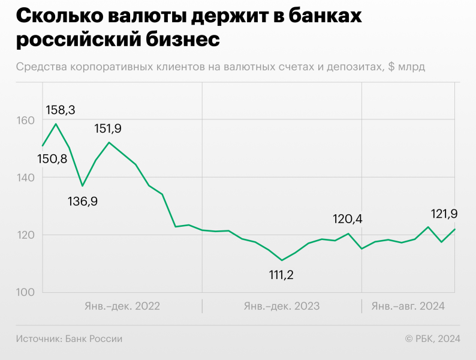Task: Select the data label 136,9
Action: pos(83,201)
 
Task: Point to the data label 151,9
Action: pos(108,128)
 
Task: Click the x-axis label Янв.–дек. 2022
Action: pos(121,306)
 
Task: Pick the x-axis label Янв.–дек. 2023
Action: pos(281,306)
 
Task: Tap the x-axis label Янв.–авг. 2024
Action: pos(408,306)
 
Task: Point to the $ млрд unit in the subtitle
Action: pos(406,67)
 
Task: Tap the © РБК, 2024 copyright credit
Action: pos(433,339)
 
